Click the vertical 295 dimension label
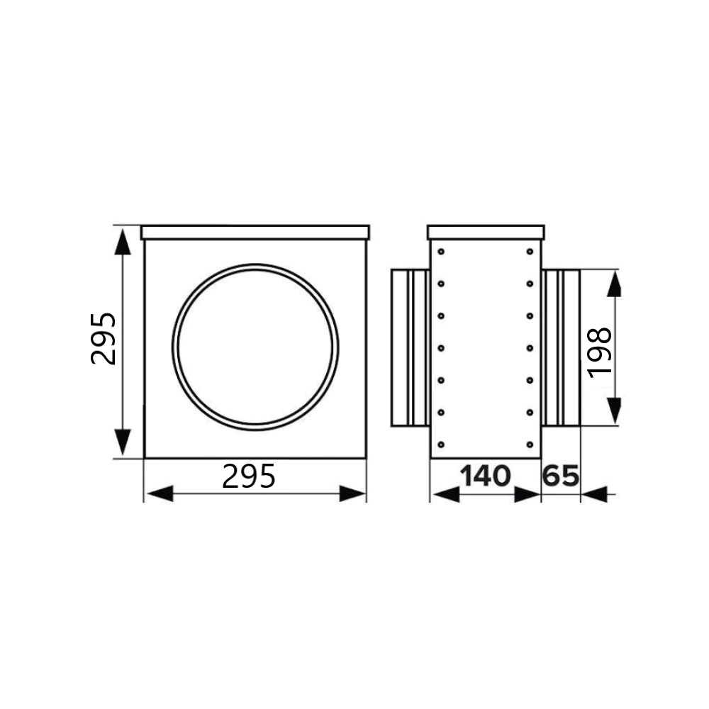coord(104,339)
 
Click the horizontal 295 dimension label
coord(249,476)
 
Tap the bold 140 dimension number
coord(485,476)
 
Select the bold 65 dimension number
coord(561,476)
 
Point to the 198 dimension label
coord(600,352)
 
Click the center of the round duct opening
coord(255,347)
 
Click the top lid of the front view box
coord(255,233)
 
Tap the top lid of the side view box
coord(486,233)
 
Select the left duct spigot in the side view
coord(410,347)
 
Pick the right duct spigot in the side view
coord(561,347)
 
